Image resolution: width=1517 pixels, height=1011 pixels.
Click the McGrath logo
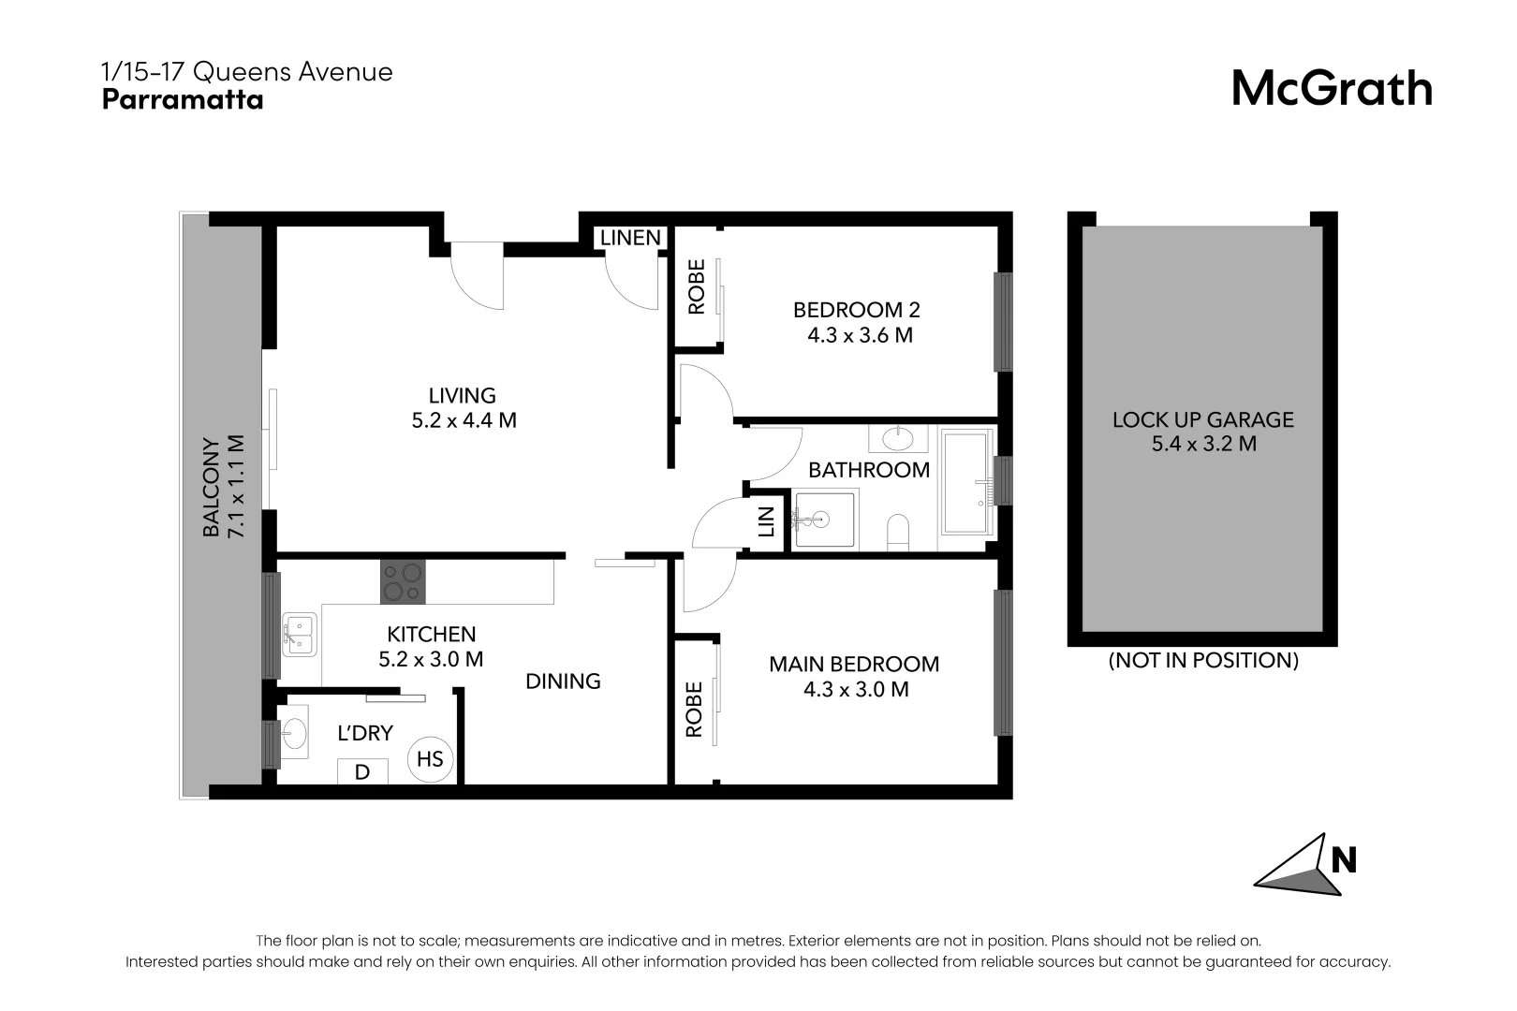(1331, 89)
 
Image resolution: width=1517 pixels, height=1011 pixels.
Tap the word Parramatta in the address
(183, 100)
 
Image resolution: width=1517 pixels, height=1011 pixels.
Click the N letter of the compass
(1344, 859)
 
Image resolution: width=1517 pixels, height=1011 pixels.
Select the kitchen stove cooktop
(403, 582)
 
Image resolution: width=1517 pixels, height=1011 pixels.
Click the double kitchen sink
(299, 635)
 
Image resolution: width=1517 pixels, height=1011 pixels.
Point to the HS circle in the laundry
(430, 758)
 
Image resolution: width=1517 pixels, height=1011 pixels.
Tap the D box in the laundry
(362, 772)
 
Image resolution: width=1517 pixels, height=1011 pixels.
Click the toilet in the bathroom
(897, 532)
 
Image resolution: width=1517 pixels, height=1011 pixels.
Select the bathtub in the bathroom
(965, 482)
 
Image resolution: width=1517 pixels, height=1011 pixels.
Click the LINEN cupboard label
(630, 238)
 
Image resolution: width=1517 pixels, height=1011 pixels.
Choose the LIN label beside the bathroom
(766, 521)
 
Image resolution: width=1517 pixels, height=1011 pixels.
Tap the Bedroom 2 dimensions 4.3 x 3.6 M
(860, 335)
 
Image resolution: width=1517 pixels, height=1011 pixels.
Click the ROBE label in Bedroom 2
(697, 287)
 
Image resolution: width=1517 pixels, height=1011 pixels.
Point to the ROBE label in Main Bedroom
(694, 710)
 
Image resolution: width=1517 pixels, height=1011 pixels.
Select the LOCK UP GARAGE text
(1202, 419)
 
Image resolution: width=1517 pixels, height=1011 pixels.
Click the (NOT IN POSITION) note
(1203, 660)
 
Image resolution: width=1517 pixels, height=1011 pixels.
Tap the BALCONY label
(212, 487)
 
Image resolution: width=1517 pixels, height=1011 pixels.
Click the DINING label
(563, 681)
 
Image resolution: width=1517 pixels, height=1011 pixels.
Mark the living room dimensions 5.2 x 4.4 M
(464, 420)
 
